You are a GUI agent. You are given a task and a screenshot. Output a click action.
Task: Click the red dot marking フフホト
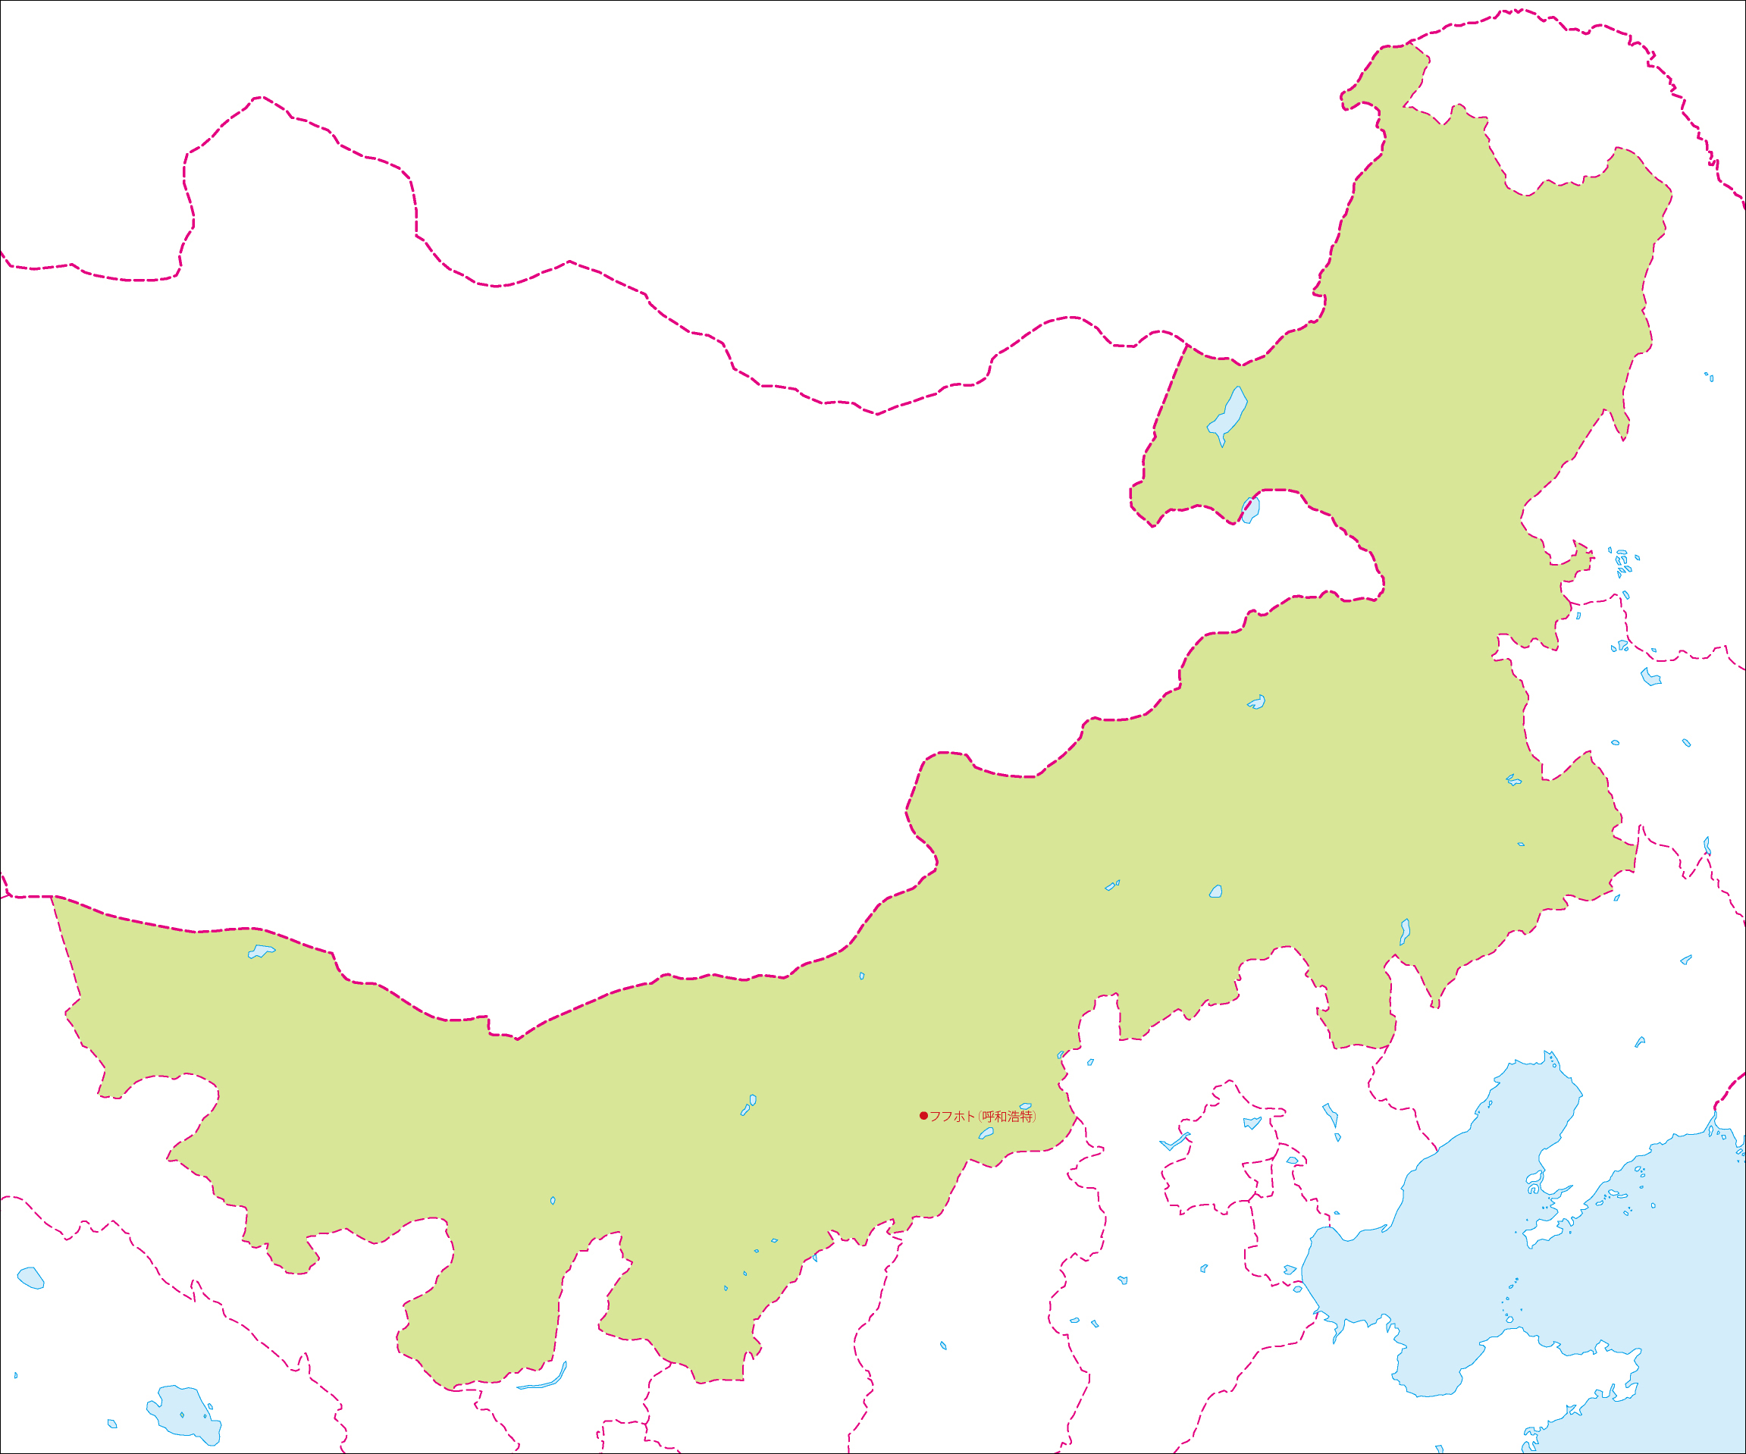923,1116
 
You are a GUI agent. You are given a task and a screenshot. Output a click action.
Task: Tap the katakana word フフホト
951,1117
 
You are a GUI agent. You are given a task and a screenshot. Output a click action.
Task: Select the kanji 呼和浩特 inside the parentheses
1008,1117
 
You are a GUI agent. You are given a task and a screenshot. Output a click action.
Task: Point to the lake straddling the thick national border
1251,509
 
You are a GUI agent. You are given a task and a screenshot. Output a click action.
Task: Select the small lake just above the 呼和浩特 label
1025,1107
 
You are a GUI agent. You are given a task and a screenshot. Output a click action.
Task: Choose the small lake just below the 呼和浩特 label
987,1133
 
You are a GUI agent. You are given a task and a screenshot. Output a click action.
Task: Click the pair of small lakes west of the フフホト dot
748,1105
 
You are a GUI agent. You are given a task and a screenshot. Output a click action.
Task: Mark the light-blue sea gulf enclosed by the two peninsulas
1463,1247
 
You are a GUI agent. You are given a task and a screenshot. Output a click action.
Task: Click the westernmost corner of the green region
53,898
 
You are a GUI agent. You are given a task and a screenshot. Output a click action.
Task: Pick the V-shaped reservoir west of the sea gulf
1174,1142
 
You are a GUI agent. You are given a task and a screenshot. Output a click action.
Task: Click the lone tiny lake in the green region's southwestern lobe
553,1201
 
